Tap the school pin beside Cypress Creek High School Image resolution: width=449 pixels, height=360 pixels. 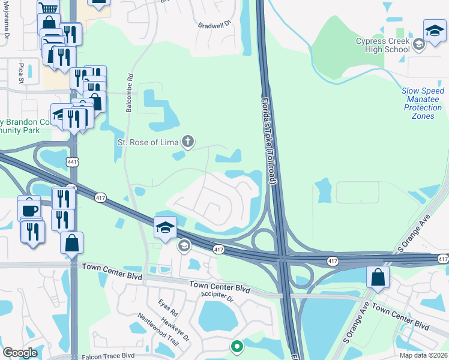pos(434,31)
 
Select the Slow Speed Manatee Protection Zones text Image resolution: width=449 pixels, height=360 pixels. pos(423,103)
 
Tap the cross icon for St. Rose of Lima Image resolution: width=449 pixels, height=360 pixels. pos(188,142)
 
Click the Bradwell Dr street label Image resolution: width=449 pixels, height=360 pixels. pos(215,24)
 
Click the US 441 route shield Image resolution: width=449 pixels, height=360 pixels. pos(72,162)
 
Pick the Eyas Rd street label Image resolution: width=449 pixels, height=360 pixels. pos(169,309)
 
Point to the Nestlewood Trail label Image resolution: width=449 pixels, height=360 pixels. pos(158,331)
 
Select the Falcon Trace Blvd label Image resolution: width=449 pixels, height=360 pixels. pos(108,356)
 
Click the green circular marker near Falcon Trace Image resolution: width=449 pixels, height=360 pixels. pos(237,346)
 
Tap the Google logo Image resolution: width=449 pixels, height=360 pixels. pos(20,353)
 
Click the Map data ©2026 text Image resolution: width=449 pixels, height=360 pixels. pos(423,355)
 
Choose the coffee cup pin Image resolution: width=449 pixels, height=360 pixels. pos(29,208)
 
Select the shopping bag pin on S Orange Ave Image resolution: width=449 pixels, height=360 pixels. pos(378,277)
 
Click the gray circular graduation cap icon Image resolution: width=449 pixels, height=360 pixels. pos(184,245)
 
